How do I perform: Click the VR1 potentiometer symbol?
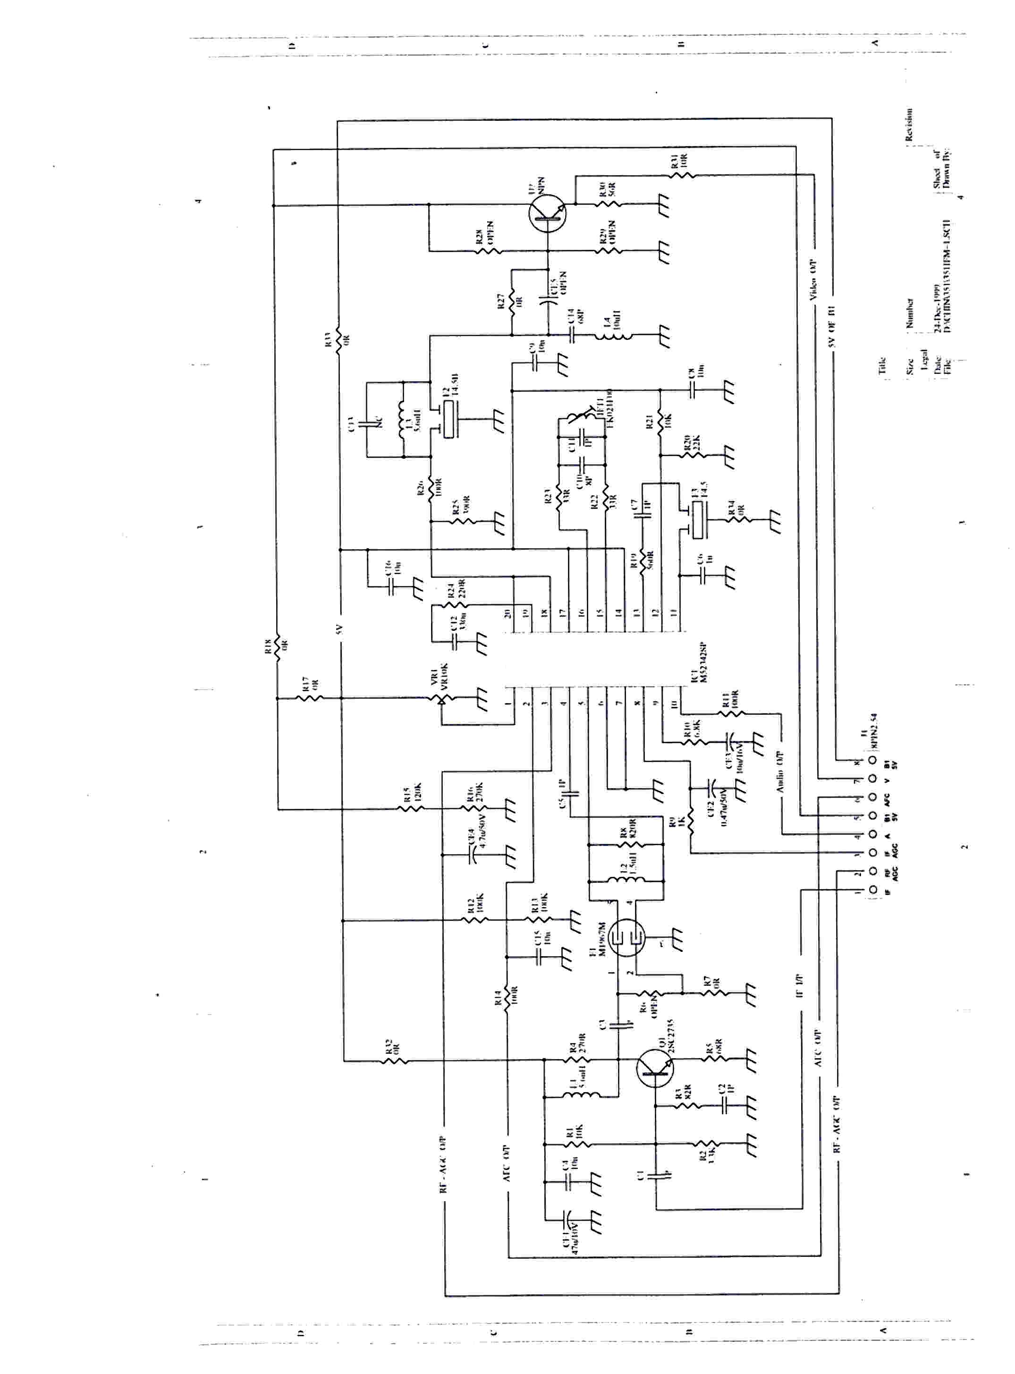coord(441,699)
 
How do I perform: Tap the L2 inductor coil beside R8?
coord(625,881)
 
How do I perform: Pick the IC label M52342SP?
coord(703,664)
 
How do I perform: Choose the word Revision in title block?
coord(909,125)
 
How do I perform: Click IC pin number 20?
coord(508,613)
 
